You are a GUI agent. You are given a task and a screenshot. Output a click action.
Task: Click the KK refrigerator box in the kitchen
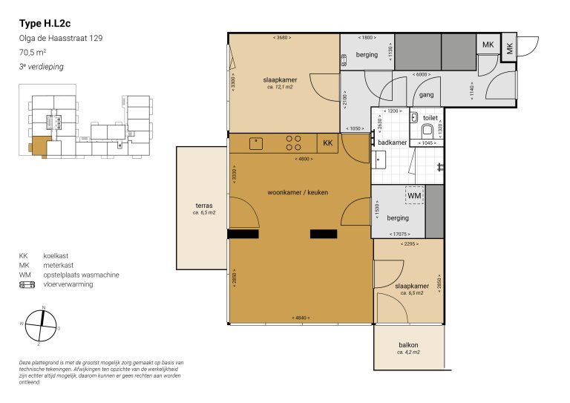[327, 142]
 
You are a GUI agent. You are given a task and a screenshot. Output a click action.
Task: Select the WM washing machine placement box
[414, 195]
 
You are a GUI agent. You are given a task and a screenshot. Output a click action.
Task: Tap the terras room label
[204, 206]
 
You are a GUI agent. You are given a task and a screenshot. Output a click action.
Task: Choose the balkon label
[408, 344]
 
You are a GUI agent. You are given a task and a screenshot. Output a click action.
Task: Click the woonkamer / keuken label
[298, 192]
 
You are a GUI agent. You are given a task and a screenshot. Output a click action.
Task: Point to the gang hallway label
[426, 95]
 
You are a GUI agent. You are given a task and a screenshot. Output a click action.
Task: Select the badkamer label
[392, 142]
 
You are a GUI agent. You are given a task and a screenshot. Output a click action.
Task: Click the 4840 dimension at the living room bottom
[301, 318]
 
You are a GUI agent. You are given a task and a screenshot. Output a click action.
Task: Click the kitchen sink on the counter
[256, 142]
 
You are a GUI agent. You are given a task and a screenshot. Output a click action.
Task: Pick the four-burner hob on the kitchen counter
[294, 142]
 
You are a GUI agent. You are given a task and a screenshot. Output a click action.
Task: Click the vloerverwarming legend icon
[27, 284]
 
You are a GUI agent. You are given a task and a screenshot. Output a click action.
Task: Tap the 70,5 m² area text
[33, 53]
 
